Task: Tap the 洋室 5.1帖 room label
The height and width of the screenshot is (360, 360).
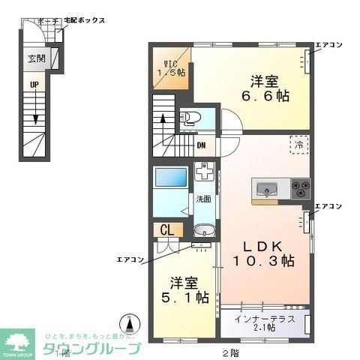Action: [187, 290]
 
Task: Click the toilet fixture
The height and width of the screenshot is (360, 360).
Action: [190, 118]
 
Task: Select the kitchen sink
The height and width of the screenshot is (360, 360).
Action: [268, 188]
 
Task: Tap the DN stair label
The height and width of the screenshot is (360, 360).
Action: [202, 145]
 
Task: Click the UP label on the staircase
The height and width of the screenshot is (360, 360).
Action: [34, 85]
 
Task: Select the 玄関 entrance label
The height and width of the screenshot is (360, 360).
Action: [36, 58]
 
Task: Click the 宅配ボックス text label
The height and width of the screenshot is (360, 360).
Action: [84, 22]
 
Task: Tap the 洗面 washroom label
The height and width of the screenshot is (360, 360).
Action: [203, 199]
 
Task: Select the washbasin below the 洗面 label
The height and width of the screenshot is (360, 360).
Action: [202, 230]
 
